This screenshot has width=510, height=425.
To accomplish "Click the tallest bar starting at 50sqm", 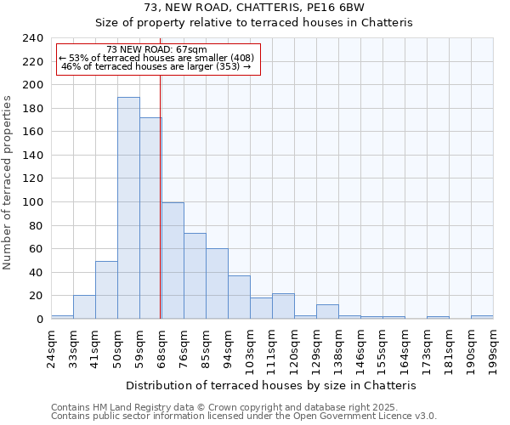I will [128, 208].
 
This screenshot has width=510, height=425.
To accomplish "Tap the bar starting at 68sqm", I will [173, 261].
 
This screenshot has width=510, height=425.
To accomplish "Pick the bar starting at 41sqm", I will [106, 290].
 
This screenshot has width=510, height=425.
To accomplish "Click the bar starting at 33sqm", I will [84, 307].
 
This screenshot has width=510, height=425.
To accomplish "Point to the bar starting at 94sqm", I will [239, 297].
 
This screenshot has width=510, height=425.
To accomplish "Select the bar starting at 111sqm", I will [283, 306].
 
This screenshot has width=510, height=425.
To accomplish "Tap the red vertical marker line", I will [160, 195].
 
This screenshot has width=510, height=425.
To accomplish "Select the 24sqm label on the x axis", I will [51, 346].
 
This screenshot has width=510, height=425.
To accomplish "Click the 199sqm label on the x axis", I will [493, 346].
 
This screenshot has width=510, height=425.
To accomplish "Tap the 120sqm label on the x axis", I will [294, 346].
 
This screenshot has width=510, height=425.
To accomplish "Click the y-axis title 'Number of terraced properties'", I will [8, 182].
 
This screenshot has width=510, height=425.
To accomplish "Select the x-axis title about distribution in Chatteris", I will [276, 385].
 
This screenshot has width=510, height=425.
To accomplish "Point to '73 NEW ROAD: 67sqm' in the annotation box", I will [157, 49].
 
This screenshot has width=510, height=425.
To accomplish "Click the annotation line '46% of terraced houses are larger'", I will [157, 66].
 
